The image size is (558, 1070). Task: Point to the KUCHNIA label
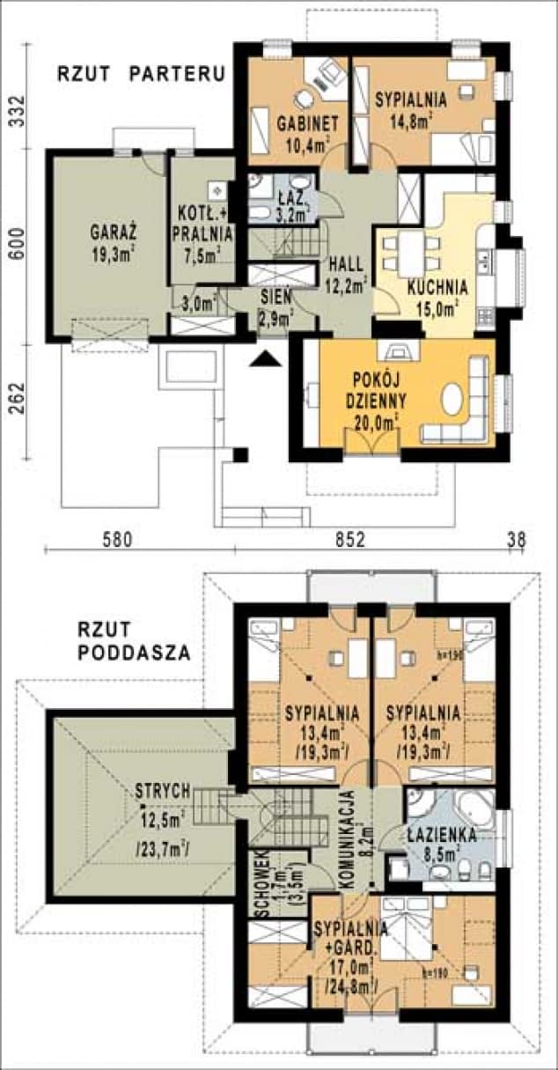point(437,287)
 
